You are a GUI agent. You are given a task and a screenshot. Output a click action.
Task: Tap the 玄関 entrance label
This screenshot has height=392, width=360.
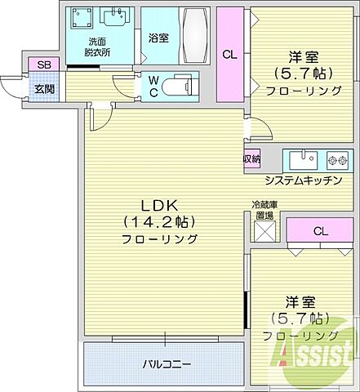(x=38, y=88)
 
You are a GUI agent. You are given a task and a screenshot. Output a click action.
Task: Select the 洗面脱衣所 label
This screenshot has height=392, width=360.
(x=99, y=47)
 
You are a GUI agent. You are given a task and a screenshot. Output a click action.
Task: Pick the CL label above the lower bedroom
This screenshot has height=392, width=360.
(x=320, y=231)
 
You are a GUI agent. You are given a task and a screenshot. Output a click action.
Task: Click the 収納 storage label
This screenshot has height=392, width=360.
(x=251, y=159)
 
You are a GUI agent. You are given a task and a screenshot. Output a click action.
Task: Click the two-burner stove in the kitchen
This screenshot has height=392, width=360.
(x=337, y=158)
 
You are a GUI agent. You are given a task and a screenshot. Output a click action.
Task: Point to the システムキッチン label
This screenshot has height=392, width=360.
(x=303, y=180)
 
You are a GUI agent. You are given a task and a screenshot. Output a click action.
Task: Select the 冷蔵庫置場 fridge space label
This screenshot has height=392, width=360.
(x=264, y=211)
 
